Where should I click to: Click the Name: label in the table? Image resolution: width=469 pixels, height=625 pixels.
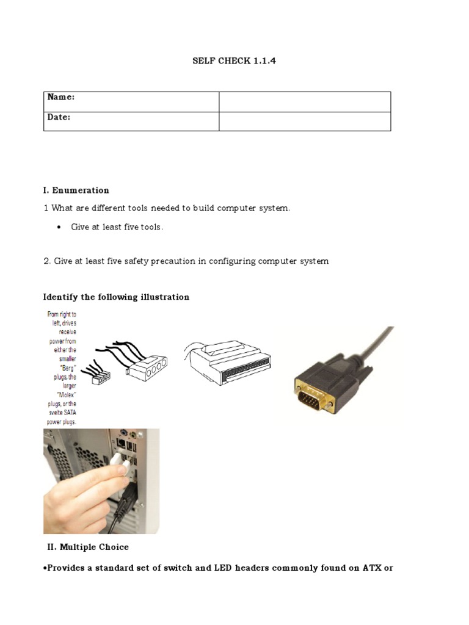tap(61, 97)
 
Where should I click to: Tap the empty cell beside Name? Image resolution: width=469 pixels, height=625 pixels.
tap(304, 102)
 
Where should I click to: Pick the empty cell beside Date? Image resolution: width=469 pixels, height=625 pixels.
tap(304, 121)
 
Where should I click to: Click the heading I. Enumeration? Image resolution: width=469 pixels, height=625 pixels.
tap(76, 190)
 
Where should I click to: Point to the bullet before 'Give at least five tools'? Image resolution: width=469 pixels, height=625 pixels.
tap(58, 228)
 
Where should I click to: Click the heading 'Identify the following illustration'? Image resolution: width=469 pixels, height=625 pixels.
tap(116, 297)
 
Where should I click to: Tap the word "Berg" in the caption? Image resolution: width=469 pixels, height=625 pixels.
tap(64, 369)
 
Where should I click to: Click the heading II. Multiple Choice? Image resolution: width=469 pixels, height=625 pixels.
tap(88, 547)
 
